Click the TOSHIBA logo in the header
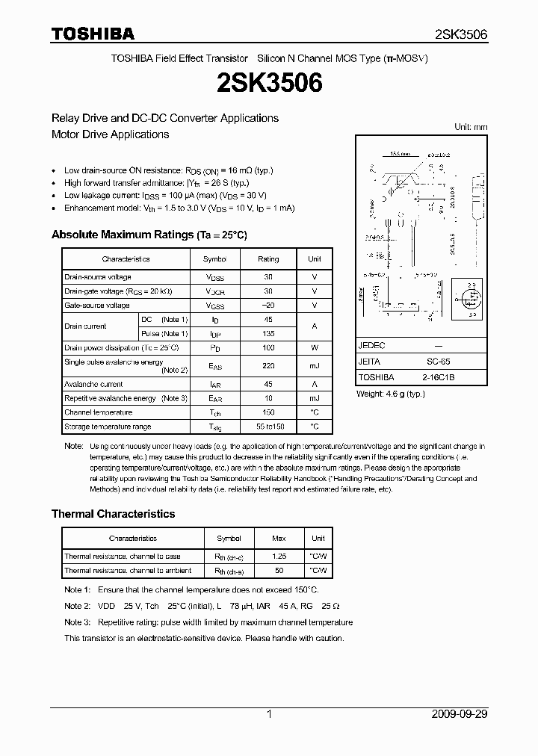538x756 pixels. point(93,34)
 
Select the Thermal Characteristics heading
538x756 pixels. point(113,514)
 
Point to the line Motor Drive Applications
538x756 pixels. point(110,134)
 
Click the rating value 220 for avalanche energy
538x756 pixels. point(268,366)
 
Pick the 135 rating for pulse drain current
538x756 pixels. point(268,334)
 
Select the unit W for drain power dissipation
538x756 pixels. point(315,348)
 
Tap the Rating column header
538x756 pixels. point(268,259)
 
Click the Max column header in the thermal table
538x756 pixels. point(279,538)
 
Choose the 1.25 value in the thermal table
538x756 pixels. point(279,557)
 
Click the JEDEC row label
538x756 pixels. point(371,346)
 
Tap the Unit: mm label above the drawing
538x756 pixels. point(471,127)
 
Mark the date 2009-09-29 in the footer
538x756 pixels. point(460,714)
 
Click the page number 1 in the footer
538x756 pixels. point(269,714)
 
